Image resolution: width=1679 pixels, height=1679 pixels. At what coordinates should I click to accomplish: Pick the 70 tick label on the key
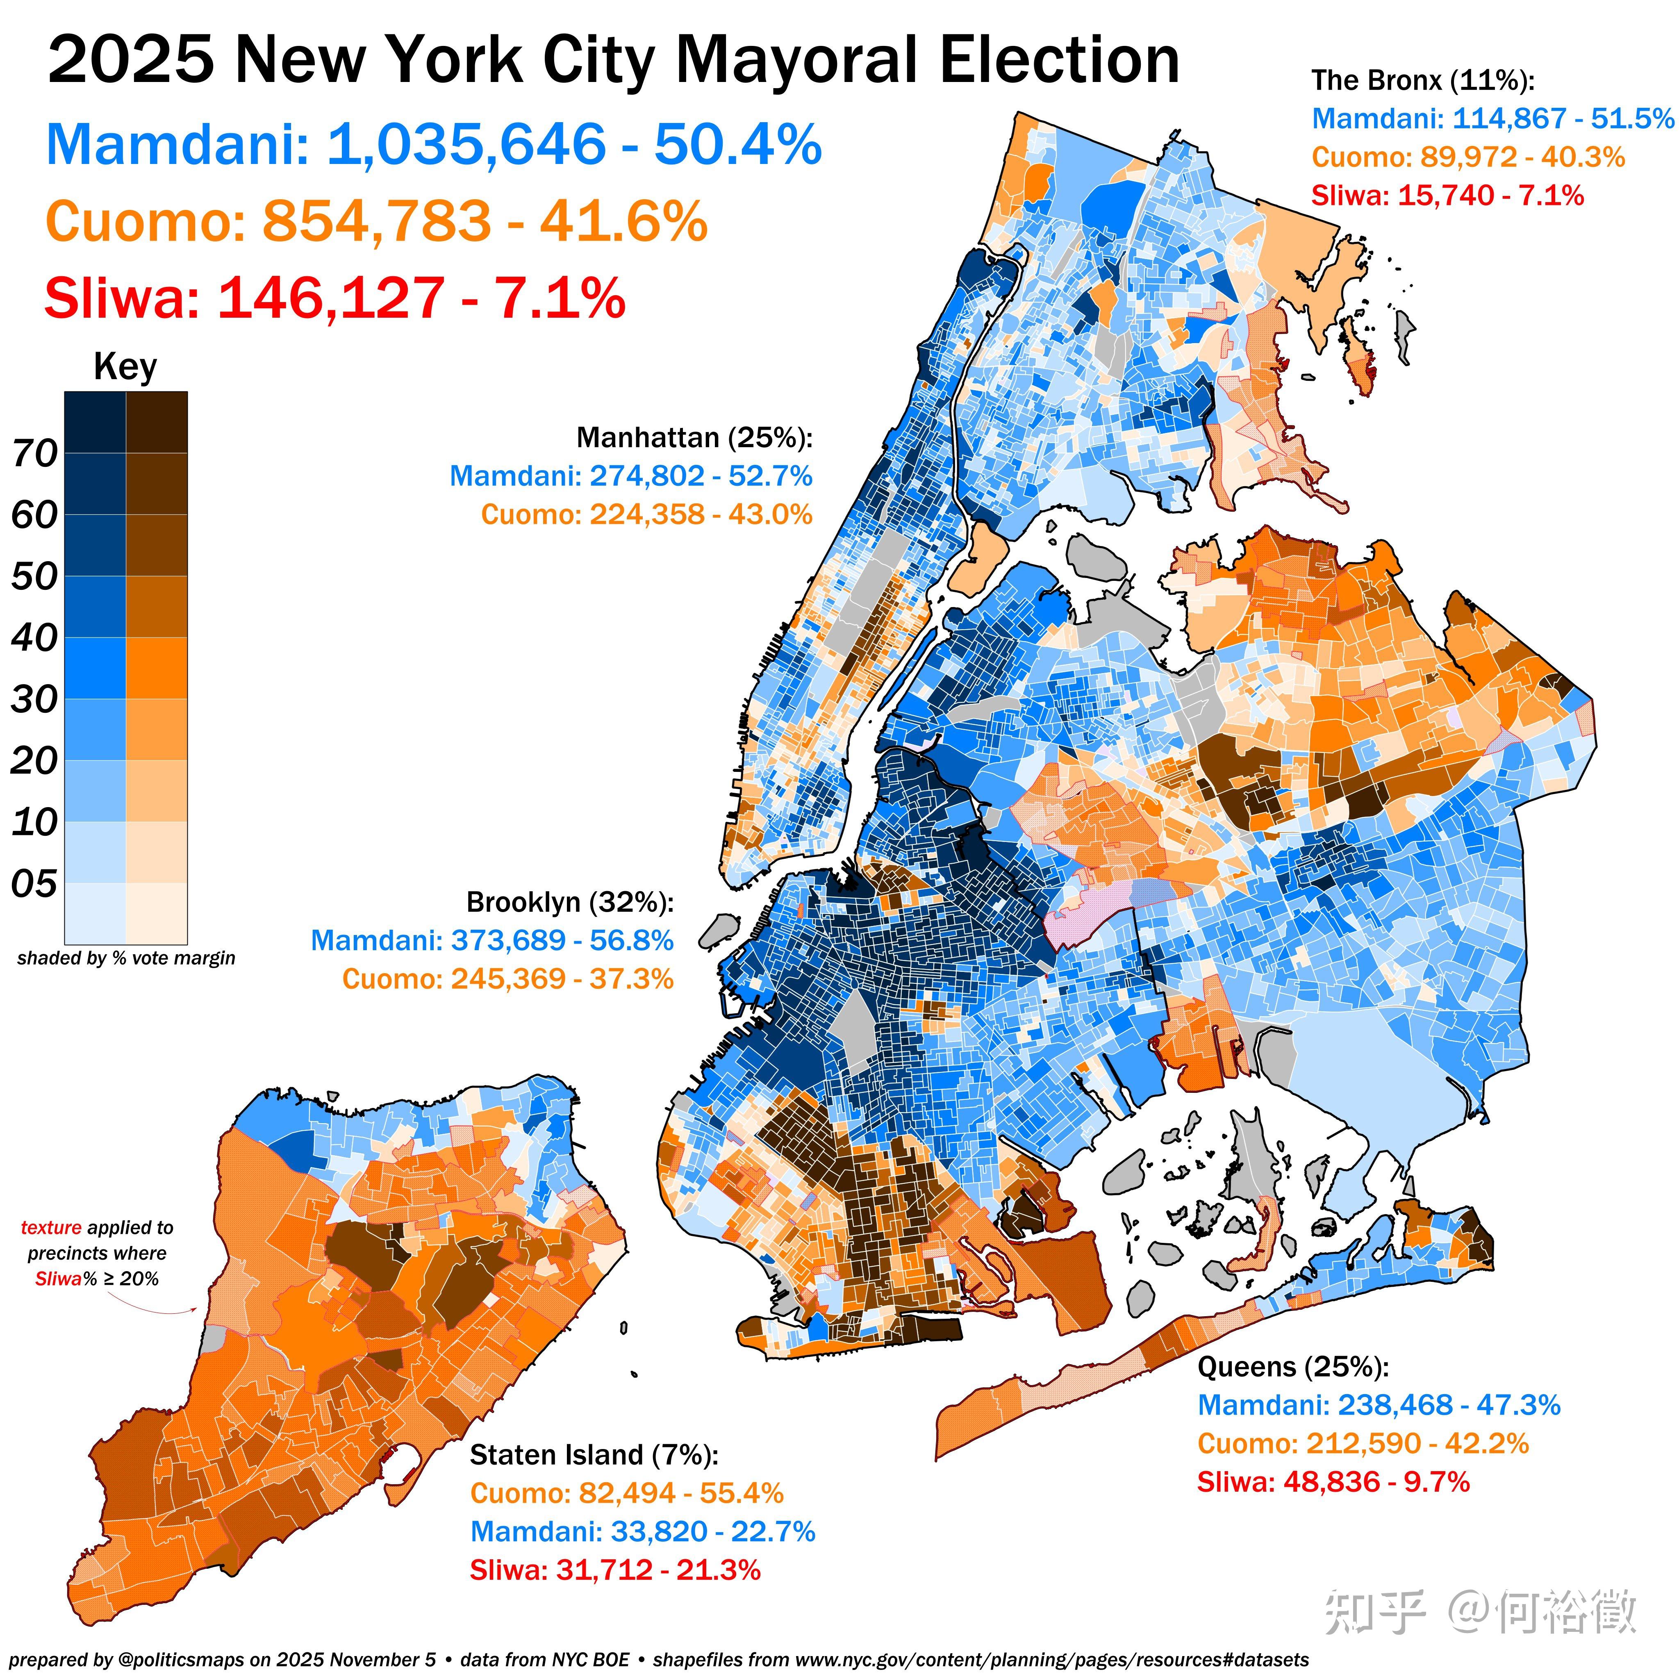pyautogui.click(x=35, y=453)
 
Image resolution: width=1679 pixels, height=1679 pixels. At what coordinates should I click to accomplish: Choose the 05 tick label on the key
pyautogui.click(x=35, y=884)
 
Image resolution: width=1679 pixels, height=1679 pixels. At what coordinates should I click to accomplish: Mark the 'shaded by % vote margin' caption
pyautogui.click(x=126, y=958)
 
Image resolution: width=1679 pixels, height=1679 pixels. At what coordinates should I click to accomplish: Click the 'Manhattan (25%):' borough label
pyautogui.click(x=694, y=437)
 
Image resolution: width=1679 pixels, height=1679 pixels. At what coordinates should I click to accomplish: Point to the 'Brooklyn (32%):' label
pyautogui.click(x=569, y=902)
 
